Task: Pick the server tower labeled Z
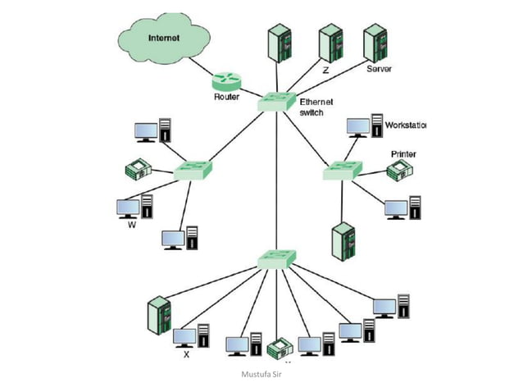[330, 43]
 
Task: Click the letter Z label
[325, 71]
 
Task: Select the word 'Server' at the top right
[379, 70]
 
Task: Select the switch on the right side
[340, 171]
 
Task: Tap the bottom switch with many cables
[276, 258]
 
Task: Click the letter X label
[186, 355]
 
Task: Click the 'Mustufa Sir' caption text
[261, 375]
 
